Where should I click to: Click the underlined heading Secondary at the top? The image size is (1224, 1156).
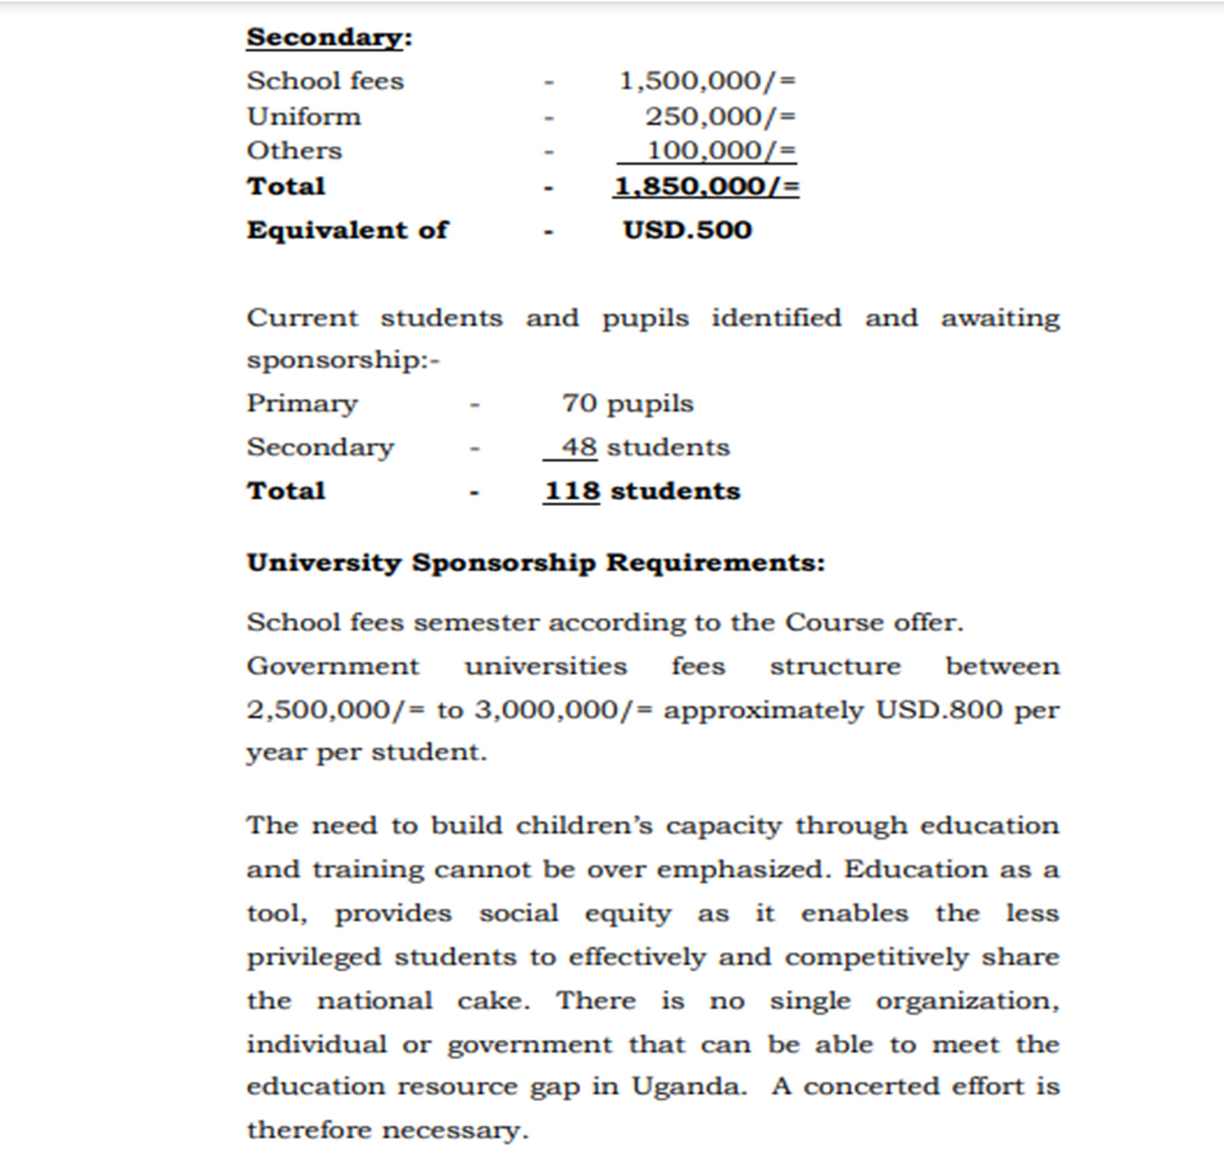pyautogui.click(x=325, y=37)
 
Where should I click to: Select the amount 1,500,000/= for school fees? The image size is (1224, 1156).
pyautogui.click(x=707, y=81)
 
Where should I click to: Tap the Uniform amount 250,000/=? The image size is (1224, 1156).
pyautogui.click(x=720, y=116)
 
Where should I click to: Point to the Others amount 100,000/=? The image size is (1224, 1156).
pyautogui.click(x=721, y=150)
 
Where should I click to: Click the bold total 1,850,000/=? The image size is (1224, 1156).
pyautogui.click(x=707, y=186)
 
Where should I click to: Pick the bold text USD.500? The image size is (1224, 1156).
pyautogui.click(x=687, y=230)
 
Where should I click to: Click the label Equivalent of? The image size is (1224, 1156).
pyautogui.click(x=347, y=230)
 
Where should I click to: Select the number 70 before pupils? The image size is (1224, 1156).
pyautogui.click(x=579, y=403)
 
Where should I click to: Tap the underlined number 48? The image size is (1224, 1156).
pyautogui.click(x=579, y=447)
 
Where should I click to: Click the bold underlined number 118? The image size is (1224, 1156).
pyautogui.click(x=572, y=491)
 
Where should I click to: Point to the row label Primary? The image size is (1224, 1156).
pyautogui.click(x=302, y=403)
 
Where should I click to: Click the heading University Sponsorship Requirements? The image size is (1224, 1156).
pyautogui.click(x=536, y=563)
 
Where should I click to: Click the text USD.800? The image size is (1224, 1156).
pyautogui.click(x=938, y=710)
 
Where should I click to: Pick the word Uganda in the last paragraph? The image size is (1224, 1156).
pyautogui.click(x=688, y=1086)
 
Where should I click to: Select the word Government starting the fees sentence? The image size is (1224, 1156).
pyautogui.click(x=333, y=666)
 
